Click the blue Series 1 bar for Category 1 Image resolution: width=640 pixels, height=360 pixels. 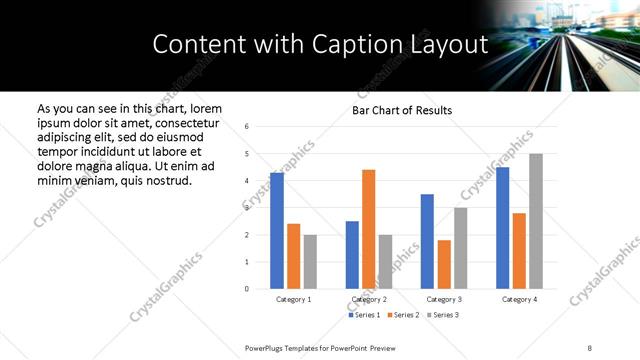coord(277,231)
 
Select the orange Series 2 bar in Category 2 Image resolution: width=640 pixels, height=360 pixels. coord(368,229)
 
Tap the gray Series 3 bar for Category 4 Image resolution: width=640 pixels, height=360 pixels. coord(536,221)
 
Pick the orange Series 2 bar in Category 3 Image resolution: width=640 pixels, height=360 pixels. coord(444,264)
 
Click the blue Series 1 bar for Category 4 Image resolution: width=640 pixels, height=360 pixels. coord(502,228)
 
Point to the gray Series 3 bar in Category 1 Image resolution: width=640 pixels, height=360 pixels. coord(310,262)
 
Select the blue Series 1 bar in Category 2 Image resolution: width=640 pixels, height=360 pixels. coord(352,255)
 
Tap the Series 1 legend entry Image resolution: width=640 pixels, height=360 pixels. coord(364,315)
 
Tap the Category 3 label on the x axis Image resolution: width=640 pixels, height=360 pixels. coord(444,299)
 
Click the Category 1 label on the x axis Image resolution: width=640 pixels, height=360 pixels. coord(293,299)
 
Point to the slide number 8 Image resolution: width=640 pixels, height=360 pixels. coord(589,348)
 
